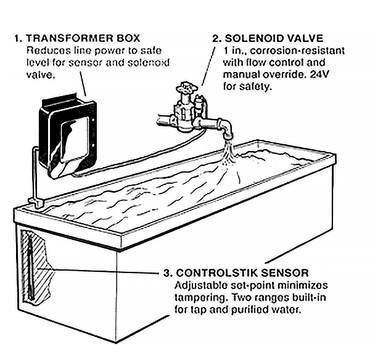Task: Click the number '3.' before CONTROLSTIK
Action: tap(166, 272)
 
